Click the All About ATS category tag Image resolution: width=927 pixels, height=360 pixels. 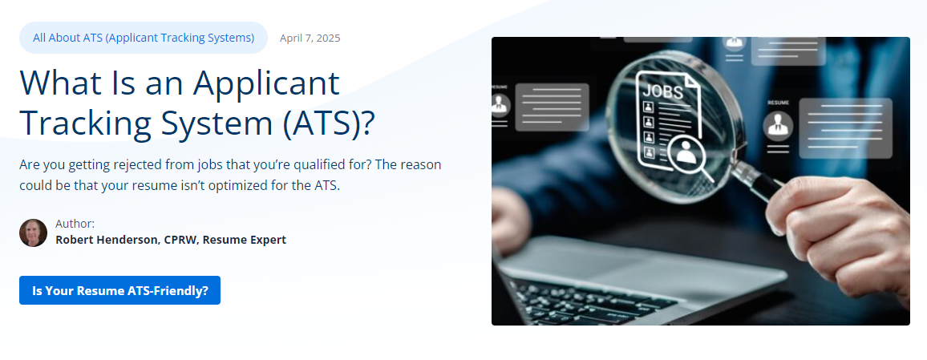click(144, 38)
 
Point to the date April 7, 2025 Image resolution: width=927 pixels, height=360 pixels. click(310, 38)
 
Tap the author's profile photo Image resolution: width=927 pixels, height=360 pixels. click(33, 233)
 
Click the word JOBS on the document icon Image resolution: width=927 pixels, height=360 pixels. click(663, 91)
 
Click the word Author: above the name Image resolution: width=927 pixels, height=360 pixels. click(75, 224)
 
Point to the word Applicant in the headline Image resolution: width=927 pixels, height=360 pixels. click(266, 83)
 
